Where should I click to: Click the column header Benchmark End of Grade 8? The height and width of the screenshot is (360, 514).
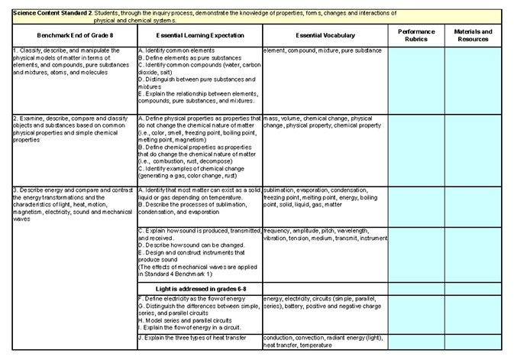tap(70, 36)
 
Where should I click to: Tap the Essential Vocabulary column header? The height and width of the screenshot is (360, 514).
tap(324, 36)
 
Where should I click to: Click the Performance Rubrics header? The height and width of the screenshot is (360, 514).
tap(416, 35)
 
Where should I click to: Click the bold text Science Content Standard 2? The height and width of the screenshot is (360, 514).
tap(47, 14)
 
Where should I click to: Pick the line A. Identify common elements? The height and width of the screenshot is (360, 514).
tap(175, 50)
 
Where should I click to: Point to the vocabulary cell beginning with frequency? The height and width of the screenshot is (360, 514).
tap(325, 234)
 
